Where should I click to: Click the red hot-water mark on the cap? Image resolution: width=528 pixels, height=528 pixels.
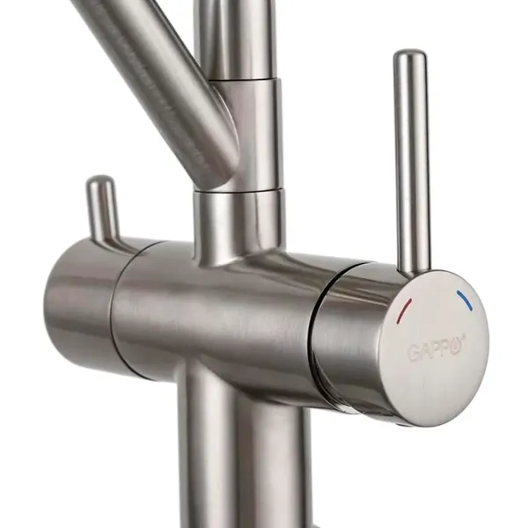[x=405, y=310]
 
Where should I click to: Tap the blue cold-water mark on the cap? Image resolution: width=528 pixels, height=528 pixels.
[x=465, y=300]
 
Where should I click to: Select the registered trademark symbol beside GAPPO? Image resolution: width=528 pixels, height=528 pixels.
[x=464, y=336]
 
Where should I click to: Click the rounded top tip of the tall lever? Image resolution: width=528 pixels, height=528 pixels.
[x=409, y=54]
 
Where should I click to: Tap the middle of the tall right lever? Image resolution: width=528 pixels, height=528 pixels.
[x=412, y=162]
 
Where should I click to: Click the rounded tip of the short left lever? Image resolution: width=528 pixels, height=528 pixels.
[x=100, y=180]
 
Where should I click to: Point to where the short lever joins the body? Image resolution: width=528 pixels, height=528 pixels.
[x=108, y=239]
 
